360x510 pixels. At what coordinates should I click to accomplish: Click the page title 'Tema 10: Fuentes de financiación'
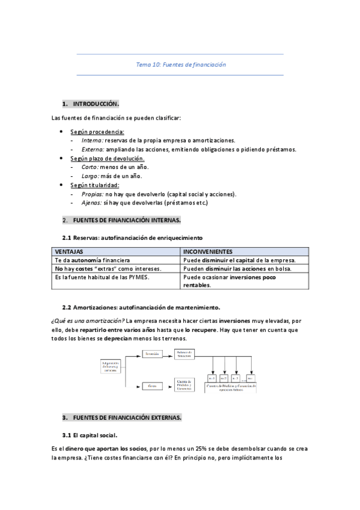[x=180, y=64]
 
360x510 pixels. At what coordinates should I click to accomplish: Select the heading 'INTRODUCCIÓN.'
[x=100, y=103]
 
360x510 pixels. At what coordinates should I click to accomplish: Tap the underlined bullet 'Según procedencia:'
[x=97, y=131]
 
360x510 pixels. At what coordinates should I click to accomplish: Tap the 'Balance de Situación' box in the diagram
[x=187, y=354]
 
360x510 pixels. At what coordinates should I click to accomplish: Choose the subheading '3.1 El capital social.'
[x=90, y=435]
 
